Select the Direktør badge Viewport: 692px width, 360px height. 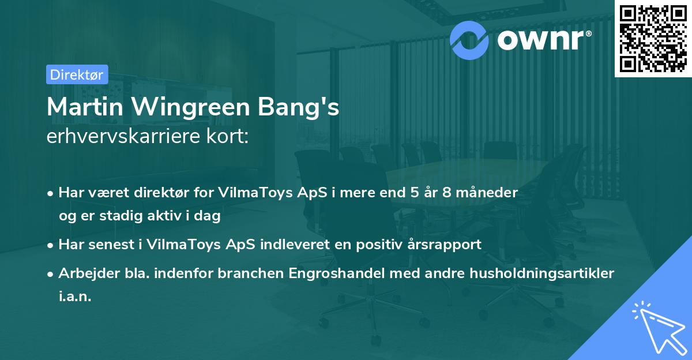click(x=77, y=74)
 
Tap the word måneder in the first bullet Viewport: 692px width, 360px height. click(x=492, y=192)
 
